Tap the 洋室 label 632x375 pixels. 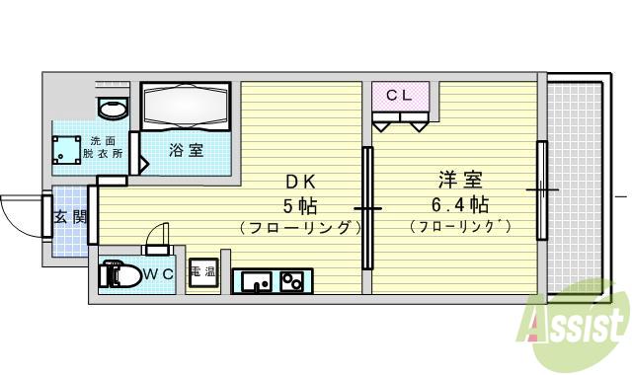coord(459,182)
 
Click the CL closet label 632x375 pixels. coord(399,96)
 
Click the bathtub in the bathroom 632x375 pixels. coord(185,105)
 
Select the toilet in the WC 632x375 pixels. coord(118,275)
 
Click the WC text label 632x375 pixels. coord(160,273)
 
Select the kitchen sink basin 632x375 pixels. coord(256,282)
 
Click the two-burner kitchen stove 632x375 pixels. coord(293,282)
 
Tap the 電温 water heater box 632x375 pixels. coord(203,275)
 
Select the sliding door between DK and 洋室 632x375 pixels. coord(366,208)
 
